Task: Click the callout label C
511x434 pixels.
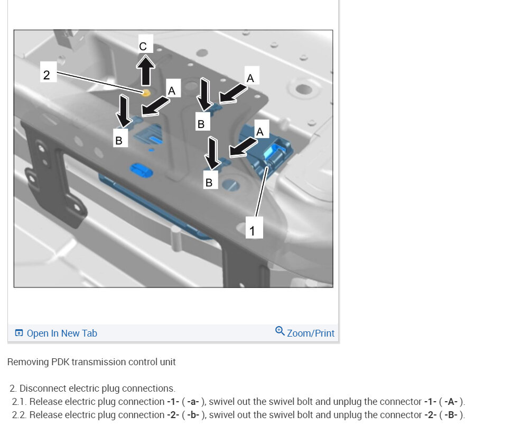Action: tap(143, 47)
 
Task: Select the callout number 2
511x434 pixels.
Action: tap(47, 75)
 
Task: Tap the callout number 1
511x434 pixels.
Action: tap(252, 231)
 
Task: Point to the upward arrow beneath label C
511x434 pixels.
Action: tap(145, 70)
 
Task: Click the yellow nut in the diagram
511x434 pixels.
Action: tap(146, 93)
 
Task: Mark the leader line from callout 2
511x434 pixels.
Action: tap(100, 82)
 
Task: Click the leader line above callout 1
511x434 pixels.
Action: tap(262, 192)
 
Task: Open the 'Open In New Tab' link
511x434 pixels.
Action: tap(62, 333)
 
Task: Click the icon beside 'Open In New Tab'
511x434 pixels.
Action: tap(19, 333)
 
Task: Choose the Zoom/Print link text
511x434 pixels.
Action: tap(311, 333)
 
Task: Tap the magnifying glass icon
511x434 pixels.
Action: tap(280, 331)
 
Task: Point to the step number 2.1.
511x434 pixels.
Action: tap(20, 402)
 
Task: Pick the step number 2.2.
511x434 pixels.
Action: tap(20, 415)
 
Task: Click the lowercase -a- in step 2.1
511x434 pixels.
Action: tap(193, 402)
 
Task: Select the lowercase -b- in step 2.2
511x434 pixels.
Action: tap(193, 415)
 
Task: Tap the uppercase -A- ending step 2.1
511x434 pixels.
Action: tap(451, 402)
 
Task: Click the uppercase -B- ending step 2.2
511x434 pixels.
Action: tap(451, 415)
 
